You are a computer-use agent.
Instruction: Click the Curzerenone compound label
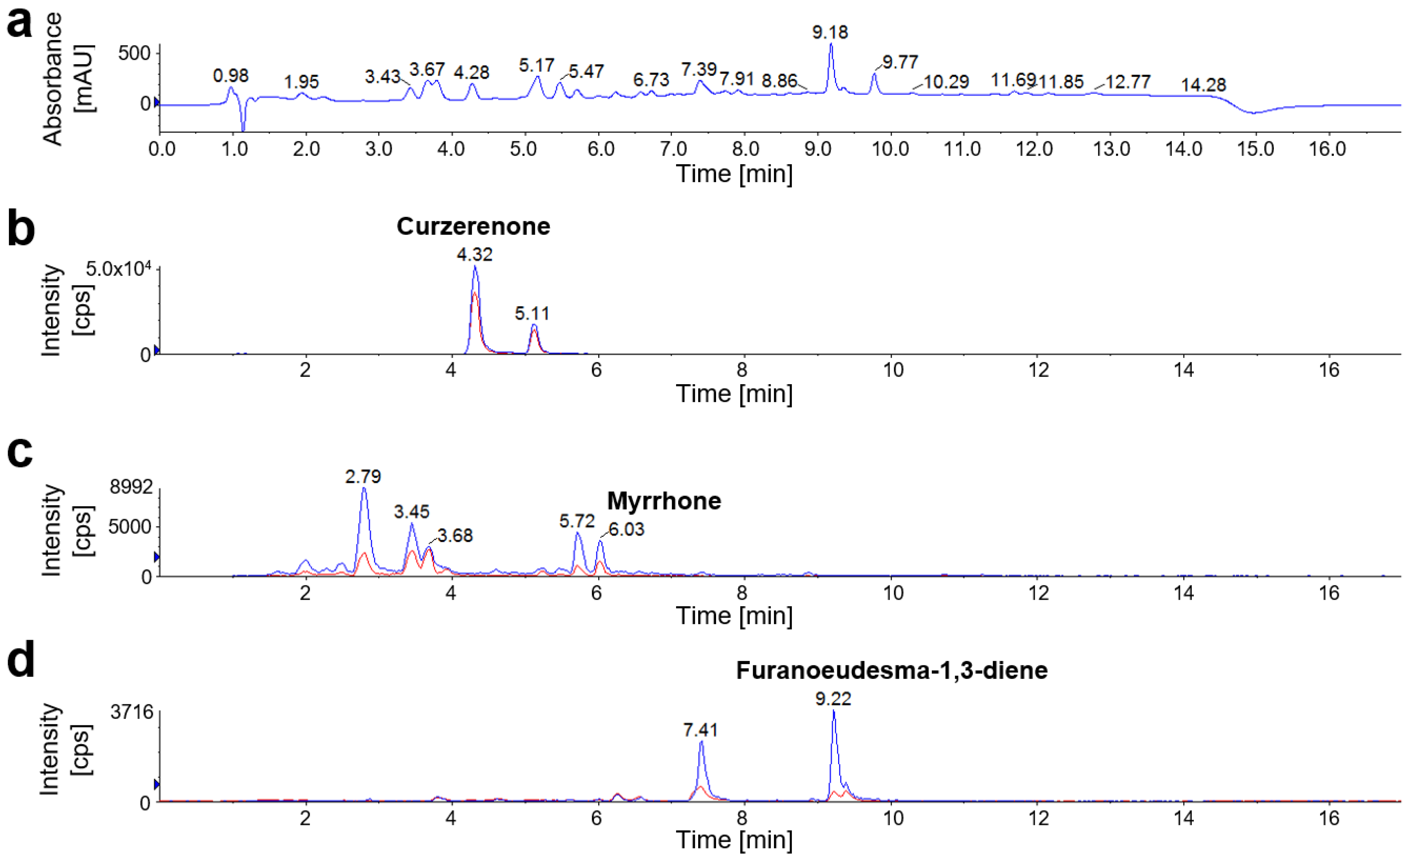tap(474, 227)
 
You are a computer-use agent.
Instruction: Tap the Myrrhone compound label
tap(664, 501)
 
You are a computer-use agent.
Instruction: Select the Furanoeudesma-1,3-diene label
tap(891, 670)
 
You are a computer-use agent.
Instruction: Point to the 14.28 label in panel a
tap(1203, 85)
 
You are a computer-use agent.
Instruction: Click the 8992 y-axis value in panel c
tap(131, 487)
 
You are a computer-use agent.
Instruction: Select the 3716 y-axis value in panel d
tap(132, 712)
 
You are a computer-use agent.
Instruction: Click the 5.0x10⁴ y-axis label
tap(118, 268)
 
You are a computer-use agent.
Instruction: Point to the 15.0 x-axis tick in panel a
tap(1255, 149)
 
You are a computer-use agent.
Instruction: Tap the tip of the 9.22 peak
tap(834, 711)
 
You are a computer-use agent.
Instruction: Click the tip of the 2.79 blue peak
tap(364, 488)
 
